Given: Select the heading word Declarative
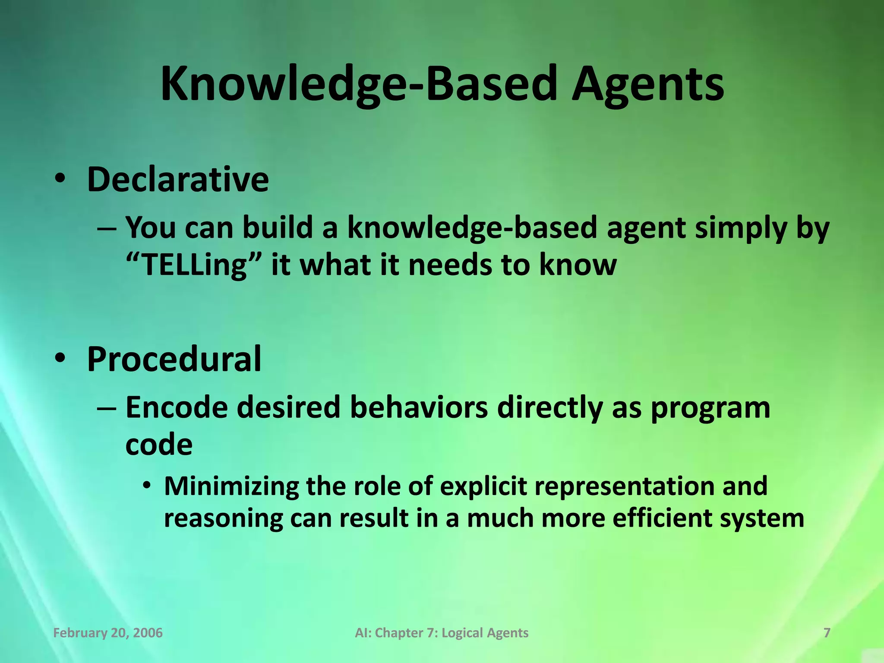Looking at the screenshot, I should pyautogui.click(x=178, y=179).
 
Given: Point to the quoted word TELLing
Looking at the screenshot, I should pyautogui.click(x=193, y=265).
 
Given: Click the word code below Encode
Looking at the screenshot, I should pyautogui.click(x=159, y=445).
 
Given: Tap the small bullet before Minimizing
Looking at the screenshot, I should pyautogui.click(x=147, y=486).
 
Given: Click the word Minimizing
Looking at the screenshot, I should pyautogui.click(x=231, y=486).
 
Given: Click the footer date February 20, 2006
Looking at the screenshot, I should pyautogui.click(x=108, y=633).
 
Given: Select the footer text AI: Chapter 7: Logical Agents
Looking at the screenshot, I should pyautogui.click(x=442, y=633).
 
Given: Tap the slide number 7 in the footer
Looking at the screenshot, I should pyautogui.click(x=827, y=633).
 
